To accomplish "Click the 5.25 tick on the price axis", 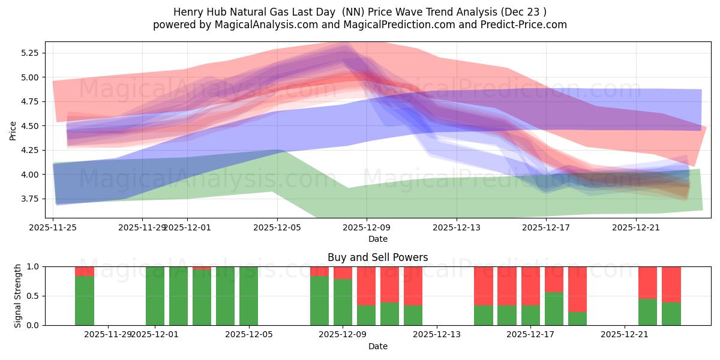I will [28, 53].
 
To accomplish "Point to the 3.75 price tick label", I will [28, 199].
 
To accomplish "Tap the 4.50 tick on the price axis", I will [28, 126].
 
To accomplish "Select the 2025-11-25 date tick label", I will [53, 227].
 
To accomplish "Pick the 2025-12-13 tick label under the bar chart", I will [437, 334].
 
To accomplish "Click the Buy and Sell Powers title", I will [377, 257].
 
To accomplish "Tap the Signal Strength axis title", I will [18, 295].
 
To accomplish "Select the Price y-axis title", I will [13, 130].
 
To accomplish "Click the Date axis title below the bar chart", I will [377, 346].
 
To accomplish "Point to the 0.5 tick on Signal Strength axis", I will [34, 296].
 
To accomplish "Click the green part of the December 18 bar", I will [554, 308].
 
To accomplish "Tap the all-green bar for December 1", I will [155, 296].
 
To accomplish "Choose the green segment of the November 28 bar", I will [85, 301].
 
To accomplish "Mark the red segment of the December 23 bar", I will [671, 284].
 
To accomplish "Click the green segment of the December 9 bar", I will [343, 302].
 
